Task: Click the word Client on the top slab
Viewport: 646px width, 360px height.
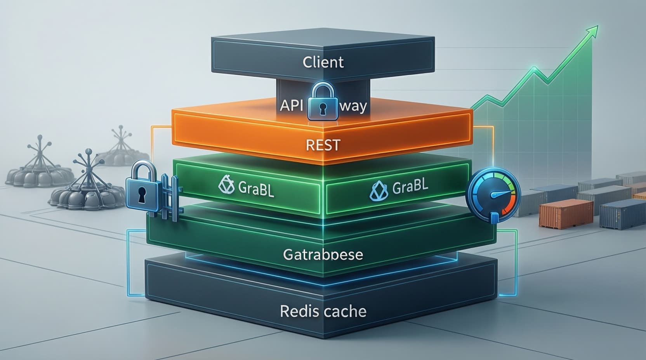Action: (323, 62)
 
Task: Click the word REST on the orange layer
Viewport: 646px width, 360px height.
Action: (323, 145)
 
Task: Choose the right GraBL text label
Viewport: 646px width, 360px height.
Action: (410, 187)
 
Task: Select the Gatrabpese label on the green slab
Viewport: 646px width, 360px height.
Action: (323, 254)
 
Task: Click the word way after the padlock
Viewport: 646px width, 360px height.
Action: (353, 105)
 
